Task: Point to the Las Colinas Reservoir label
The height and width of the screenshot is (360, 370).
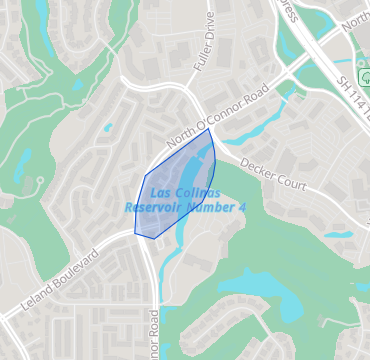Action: [186, 199]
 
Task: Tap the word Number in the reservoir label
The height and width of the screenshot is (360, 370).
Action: [211, 207]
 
